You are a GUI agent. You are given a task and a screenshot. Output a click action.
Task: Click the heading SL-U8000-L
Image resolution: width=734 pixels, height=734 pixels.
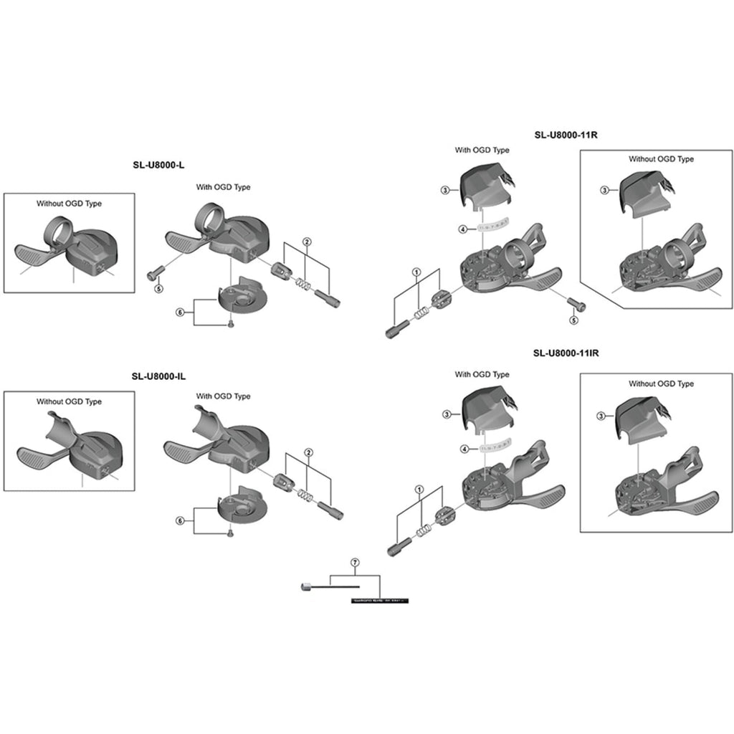[x=158, y=165]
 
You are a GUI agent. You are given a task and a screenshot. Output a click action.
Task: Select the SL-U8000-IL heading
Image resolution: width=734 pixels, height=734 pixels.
[x=158, y=375]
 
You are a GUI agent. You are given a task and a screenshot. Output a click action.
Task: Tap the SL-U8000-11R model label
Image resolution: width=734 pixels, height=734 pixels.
[x=566, y=134]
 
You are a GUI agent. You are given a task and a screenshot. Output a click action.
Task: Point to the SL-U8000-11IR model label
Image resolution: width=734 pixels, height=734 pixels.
[x=566, y=353]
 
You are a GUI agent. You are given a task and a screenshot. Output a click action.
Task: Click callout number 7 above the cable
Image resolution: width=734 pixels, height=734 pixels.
[x=354, y=563]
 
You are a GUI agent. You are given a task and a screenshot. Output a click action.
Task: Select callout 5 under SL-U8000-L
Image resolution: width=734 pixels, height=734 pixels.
[x=158, y=289]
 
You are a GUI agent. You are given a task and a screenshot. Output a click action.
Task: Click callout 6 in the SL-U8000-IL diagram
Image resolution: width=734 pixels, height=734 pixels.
[x=180, y=520]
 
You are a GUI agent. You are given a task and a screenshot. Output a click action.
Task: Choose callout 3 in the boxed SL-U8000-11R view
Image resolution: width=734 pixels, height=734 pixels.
[x=604, y=190]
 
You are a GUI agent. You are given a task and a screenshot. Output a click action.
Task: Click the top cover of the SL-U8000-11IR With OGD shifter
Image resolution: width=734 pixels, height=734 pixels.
[x=490, y=408]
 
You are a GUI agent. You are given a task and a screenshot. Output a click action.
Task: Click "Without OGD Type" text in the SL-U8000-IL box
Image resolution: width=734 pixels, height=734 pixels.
[x=69, y=402]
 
